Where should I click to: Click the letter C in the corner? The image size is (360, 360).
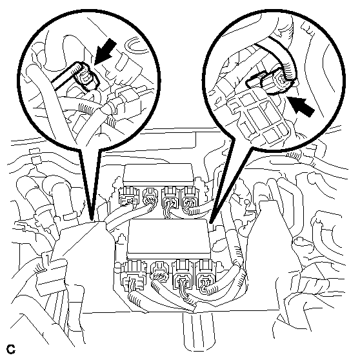tap(11, 349)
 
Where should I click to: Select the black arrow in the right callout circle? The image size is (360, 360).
tap(301, 106)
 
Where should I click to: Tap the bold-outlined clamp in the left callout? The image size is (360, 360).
tap(75, 75)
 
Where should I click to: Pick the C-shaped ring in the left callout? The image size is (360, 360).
tap(135, 45)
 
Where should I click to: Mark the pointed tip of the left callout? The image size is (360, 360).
tap(92, 221)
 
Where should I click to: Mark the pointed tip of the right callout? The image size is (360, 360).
tap(211, 222)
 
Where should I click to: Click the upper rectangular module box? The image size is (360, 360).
tap(158, 174)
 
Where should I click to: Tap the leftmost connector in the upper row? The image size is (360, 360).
tap(128, 195)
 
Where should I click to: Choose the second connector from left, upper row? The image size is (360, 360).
tap(150, 195)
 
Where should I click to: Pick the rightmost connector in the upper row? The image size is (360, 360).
tap(190, 198)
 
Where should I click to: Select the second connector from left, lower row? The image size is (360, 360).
tap(159, 272)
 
